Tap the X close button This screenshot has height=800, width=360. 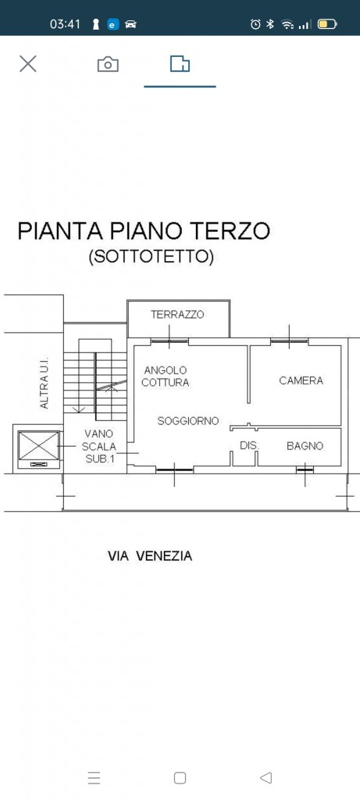28,64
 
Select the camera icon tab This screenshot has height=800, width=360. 108,64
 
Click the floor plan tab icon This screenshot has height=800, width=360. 180,64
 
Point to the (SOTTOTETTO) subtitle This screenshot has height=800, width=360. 151,256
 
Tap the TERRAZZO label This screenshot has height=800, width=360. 177,314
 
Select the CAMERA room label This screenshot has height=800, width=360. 301,380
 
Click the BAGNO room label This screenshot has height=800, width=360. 305,446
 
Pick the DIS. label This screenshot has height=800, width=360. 249,445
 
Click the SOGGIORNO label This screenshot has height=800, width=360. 188,421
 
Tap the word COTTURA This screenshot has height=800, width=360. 166,382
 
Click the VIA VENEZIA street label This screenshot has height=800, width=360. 150,556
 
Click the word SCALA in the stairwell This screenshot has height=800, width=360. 99,446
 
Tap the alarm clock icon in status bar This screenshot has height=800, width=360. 255,24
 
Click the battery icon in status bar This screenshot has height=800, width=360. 327,24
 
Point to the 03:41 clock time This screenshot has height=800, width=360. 66,24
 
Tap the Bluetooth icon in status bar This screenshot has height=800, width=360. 271,24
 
